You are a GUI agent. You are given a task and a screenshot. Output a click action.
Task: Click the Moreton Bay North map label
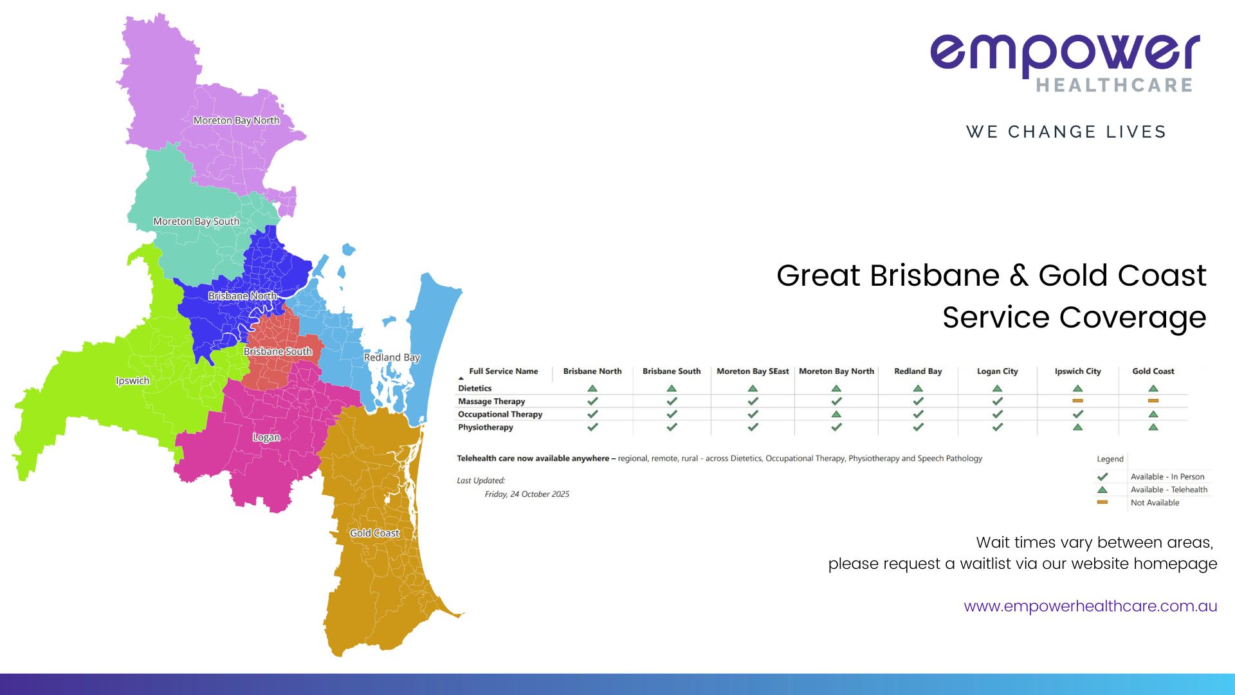point(236,120)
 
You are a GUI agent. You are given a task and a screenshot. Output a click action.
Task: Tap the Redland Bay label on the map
point(392,357)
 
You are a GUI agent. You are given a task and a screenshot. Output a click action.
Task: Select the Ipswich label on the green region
point(133,380)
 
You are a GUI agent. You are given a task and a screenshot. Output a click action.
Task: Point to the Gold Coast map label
point(374,533)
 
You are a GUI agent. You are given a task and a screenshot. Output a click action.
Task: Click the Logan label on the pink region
point(266,438)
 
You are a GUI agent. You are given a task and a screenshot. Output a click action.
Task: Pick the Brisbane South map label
point(278,351)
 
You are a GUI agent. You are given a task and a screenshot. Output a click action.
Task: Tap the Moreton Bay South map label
point(196,221)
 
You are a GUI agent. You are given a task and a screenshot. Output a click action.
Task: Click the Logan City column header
point(997,371)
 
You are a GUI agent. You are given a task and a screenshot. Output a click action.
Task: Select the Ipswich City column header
point(1077,371)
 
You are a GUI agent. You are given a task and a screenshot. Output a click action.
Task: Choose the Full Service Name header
point(503,371)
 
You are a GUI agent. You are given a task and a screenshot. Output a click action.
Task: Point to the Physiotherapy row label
point(486,427)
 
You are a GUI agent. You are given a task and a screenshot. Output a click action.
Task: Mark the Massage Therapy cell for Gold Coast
point(1153,401)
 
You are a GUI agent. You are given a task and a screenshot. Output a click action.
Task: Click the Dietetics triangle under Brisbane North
point(592,389)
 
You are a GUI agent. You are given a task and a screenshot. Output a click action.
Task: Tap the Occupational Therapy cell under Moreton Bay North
point(836,414)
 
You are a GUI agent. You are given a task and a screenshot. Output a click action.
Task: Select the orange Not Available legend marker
point(1102,502)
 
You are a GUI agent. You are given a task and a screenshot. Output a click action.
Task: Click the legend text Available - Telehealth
point(1169,490)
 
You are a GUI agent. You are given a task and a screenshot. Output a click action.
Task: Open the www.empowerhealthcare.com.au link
point(1090,606)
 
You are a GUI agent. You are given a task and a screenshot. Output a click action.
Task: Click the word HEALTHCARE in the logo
point(1115,85)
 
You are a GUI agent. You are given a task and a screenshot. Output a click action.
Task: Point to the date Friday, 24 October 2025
point(527,494)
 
